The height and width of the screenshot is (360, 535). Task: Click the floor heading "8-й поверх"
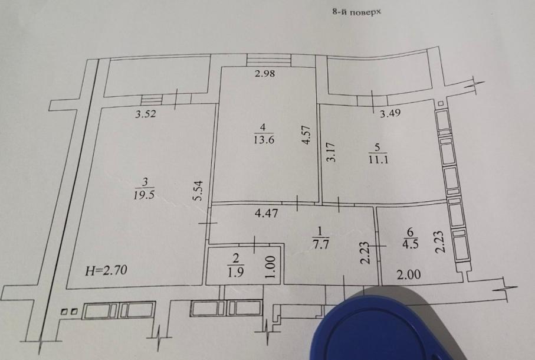356,12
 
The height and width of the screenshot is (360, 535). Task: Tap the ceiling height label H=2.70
106,271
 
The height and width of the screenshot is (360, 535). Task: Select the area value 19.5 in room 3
145,195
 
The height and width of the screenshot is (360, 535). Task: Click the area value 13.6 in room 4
264,139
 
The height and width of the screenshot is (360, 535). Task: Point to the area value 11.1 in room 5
378,159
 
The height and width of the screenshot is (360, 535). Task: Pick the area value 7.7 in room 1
320,244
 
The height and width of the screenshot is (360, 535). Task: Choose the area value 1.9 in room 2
236,271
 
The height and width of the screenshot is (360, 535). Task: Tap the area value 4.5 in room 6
411,244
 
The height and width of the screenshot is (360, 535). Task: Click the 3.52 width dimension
145,114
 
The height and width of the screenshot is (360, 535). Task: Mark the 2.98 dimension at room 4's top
265,73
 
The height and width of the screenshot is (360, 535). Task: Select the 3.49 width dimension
390,113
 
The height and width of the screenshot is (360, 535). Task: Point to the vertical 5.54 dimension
198,191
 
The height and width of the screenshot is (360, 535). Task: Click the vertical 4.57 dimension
306,135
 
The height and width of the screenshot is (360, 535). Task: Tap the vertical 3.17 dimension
331,152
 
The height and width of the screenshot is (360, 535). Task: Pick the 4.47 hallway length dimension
267,213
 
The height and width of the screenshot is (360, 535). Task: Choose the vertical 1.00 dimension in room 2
270,267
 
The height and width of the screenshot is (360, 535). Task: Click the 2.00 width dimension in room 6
409,274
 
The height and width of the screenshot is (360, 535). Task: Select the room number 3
145,182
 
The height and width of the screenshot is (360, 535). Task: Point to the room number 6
410,232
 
